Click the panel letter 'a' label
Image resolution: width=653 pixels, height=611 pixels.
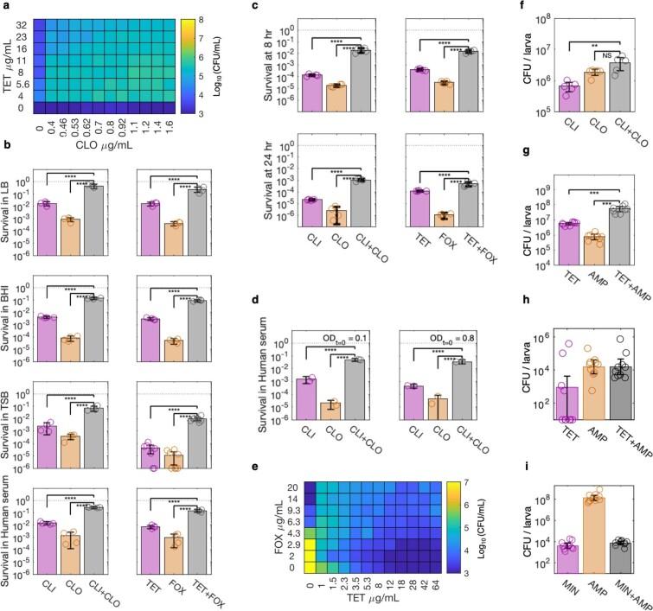point(5,7)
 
